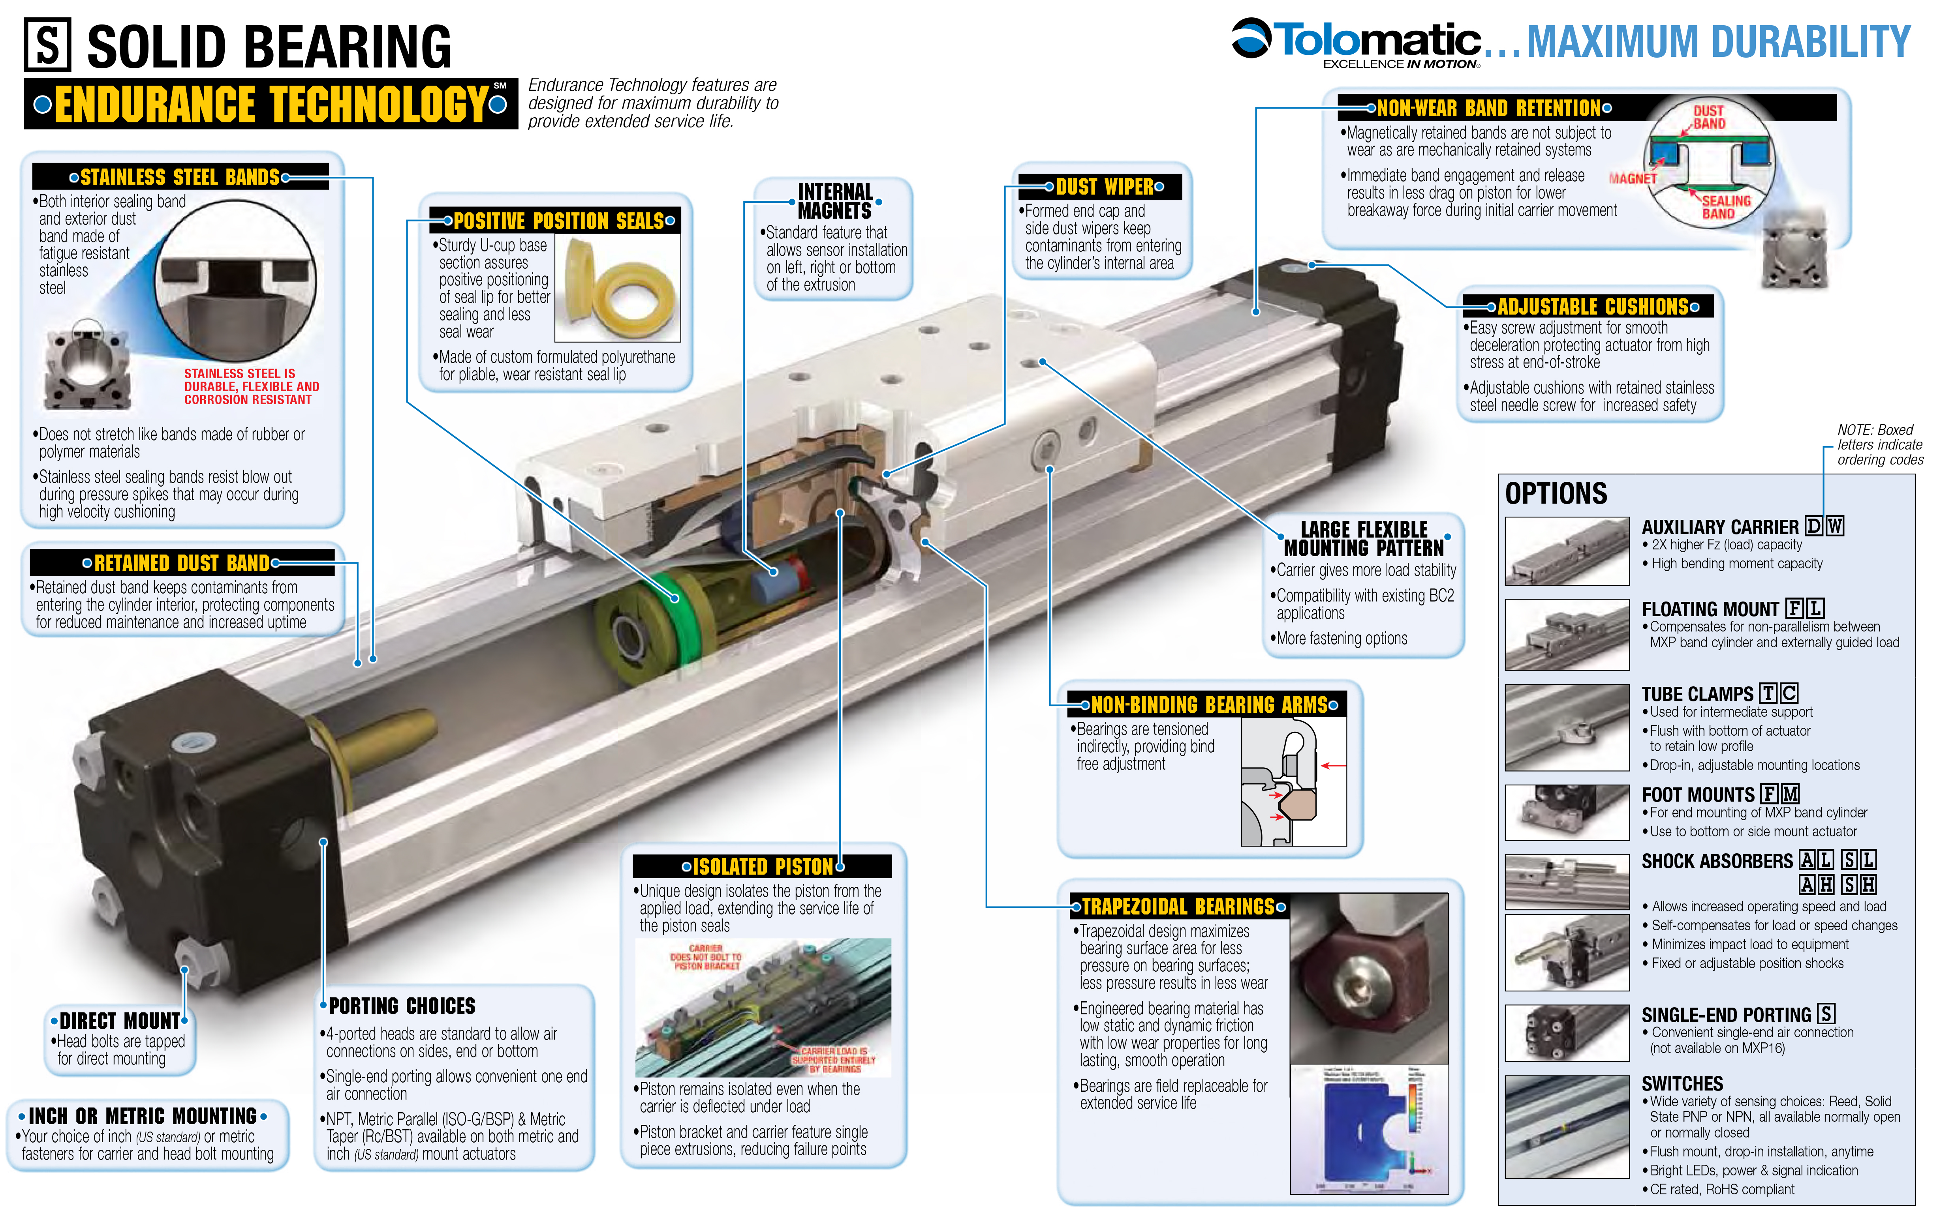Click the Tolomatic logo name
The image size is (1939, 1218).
1377,40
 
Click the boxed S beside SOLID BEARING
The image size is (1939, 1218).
47,45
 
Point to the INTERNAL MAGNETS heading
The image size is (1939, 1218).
835,201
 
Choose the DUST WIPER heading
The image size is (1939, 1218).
1105,187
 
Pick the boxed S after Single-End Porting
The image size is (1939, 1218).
1826,1014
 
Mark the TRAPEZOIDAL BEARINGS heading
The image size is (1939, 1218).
1178,907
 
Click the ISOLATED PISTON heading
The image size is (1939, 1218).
763,866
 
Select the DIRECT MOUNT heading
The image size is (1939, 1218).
119,1021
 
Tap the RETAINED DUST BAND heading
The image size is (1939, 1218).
181,563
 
